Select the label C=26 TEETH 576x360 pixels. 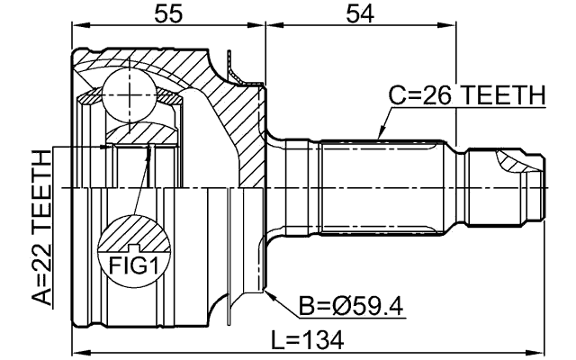pyautogui.click(x=466, y=94)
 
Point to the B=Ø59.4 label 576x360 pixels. pyautogui.click(x=352, y=307)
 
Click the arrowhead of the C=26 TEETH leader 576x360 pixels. pyautogui.click(x=381, y=137)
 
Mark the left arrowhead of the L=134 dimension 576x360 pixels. pyautogui.click(x=76, y=352)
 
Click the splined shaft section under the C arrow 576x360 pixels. pyautogui.click(x=382, y=184)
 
